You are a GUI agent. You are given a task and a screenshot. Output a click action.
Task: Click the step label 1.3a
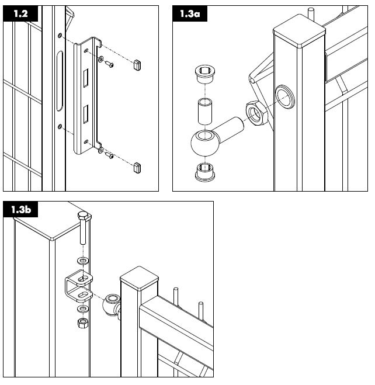point(189,15)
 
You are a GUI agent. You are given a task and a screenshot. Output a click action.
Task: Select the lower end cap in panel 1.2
point(137,169)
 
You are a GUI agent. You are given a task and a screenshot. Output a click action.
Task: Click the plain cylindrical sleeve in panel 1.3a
point(204,111)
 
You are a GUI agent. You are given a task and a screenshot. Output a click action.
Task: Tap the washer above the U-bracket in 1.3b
point(82,260)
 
